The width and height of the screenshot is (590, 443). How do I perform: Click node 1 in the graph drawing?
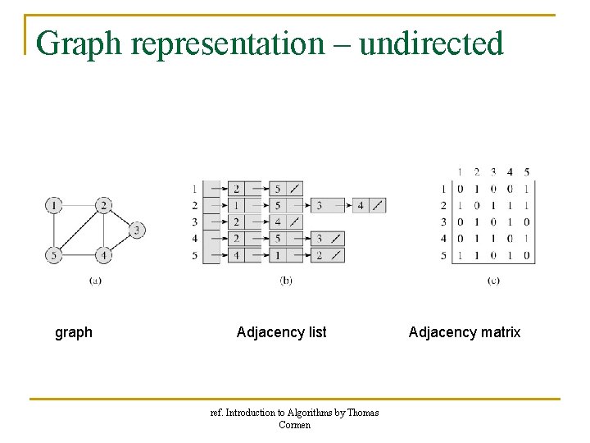(x=54, y=204)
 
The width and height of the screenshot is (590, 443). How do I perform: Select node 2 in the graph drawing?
(x=103, y=204)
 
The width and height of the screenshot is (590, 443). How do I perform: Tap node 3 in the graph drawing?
(x=136, y=230)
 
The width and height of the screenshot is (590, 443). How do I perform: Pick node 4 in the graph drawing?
(x=103, y=255)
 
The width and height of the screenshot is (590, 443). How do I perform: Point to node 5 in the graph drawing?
(x=54, y=255)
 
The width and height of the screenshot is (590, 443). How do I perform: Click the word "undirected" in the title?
(x=431, y=43)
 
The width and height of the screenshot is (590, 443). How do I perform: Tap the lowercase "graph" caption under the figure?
(x=74, y=332)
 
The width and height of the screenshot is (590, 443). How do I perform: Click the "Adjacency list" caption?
(x=281, y=332)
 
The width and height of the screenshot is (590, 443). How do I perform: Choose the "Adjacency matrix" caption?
(x=465, y=332)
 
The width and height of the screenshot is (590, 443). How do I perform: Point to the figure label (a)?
(x=95, y=281)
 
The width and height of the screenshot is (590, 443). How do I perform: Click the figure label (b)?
(x=286, y=281)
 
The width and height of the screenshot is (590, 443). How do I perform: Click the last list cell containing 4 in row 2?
(x=361, y=205)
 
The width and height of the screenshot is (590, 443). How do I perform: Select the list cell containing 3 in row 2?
(x=319, y=205)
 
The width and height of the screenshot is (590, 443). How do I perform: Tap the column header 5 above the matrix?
(x=526, y=172)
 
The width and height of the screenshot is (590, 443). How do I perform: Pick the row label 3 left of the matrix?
(x=443, y=221)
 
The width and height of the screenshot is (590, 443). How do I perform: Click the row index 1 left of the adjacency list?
(x=194, y=188)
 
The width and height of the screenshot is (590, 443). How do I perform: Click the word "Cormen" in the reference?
(x=295, y=425)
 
